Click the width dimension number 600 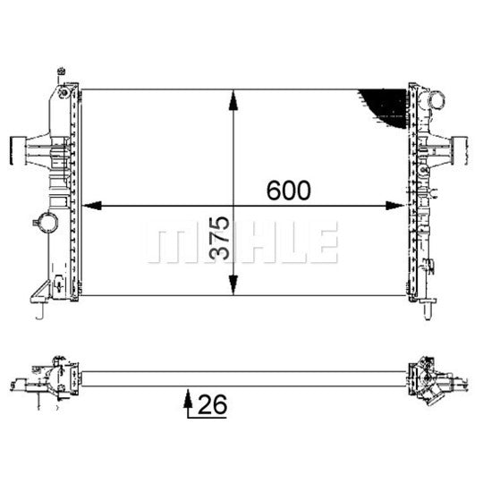pos(289,191)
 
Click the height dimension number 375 pos(220,238)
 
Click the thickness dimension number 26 pos(213,404)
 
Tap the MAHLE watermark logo pos(242,242)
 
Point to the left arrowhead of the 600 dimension pos(91,206)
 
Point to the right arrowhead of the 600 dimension pos(395,206)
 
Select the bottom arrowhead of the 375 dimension pos(233,285)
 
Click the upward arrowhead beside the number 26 pos(188,399)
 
